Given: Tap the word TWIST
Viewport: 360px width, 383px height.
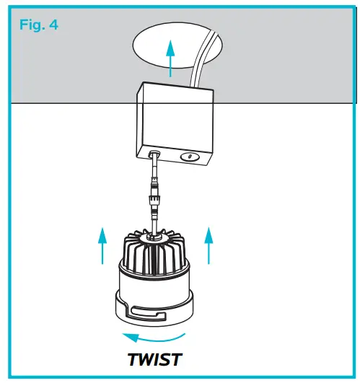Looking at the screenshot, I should coord(156,358).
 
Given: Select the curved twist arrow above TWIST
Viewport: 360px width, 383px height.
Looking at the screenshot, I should coord(156,336).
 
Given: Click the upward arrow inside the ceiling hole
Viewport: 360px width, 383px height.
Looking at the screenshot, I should coord(170,58).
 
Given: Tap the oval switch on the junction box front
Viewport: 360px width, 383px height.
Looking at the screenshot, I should coord(188,155).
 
